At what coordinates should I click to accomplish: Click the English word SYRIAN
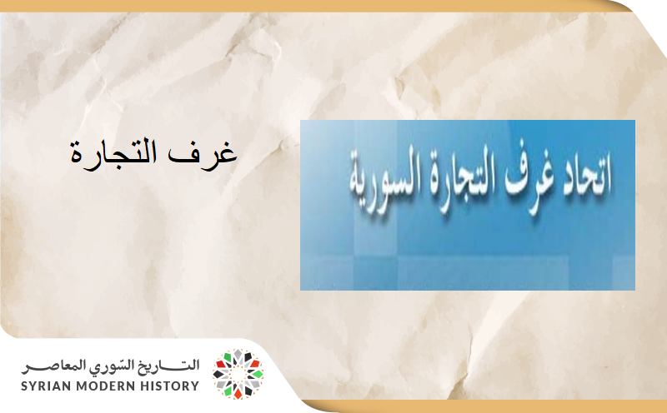(52, 386)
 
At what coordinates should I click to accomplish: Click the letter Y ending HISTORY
(195, 386)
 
